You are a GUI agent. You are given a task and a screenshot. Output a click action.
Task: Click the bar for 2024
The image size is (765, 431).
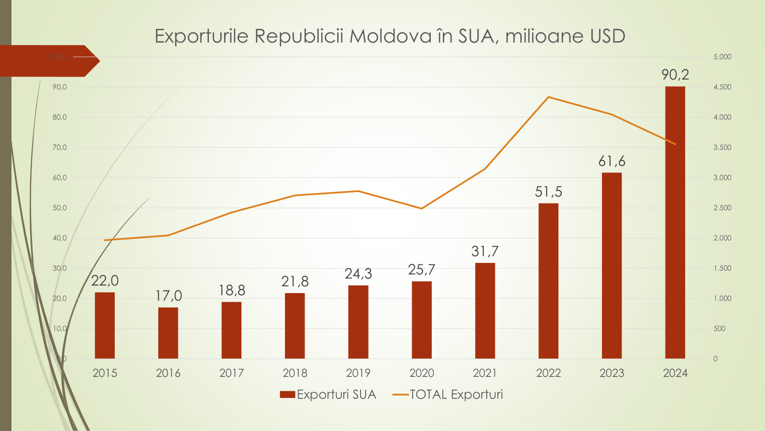click(675, 223)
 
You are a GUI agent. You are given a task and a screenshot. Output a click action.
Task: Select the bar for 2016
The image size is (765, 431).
click(168, 333)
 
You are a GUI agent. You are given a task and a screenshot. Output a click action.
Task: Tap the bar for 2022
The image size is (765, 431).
click(548, 281)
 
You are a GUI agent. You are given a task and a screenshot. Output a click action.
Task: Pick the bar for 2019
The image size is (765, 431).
click(358, 322)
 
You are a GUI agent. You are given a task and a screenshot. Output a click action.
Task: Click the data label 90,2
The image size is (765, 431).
click(675, 75)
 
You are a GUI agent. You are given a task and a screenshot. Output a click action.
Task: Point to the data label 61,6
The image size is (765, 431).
click(612, 161)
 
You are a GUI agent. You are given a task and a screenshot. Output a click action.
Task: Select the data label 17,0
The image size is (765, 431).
click(168, 296)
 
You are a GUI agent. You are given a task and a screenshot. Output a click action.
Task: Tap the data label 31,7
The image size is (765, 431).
click(485, 251)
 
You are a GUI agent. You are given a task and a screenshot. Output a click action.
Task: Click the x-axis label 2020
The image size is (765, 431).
click(421, 373)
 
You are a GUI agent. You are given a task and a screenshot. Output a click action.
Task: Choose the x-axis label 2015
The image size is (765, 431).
click(105, 373)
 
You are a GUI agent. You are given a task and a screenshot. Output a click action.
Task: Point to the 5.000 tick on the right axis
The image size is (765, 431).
click(722, 57)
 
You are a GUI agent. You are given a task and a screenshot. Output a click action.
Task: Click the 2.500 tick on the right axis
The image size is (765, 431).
click(722, 208)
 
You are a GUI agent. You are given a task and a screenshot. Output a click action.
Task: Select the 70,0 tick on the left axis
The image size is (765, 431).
click(60, 147)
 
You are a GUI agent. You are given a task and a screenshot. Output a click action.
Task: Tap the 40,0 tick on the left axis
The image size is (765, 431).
click(60, 238)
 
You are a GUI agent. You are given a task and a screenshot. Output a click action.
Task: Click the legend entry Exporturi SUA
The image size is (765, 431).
click(336, 395)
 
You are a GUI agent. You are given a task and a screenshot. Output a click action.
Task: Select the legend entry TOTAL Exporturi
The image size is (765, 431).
click(456, 395)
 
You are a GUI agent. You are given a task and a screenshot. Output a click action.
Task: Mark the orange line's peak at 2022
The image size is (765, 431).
click(548, 97)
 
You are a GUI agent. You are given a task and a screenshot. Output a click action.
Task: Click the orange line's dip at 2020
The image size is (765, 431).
click(421, 208)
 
